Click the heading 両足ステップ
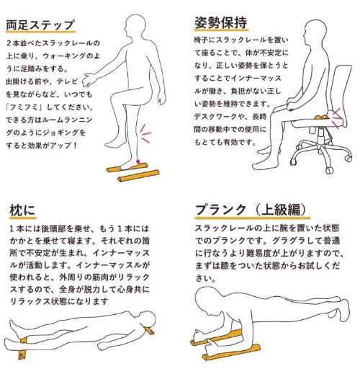click(x=40, y=25)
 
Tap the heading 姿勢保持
click(x=220, y=23)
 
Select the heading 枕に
click(x=22, y=210)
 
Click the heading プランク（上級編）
click(x=251, y=210)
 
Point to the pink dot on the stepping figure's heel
click(x=138, y=161)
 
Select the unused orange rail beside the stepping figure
click(x=138, y=176)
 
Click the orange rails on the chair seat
click(x=323, y=117)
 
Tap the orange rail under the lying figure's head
click(x=151, y=331)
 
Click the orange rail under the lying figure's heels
click(x=22, y=347)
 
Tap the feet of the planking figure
click(x=340, y=310)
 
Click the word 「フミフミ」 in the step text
click(x=25, y=107)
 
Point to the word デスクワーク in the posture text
click(x=215, y=117)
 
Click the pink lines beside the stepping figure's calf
click(x=145, y=133)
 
